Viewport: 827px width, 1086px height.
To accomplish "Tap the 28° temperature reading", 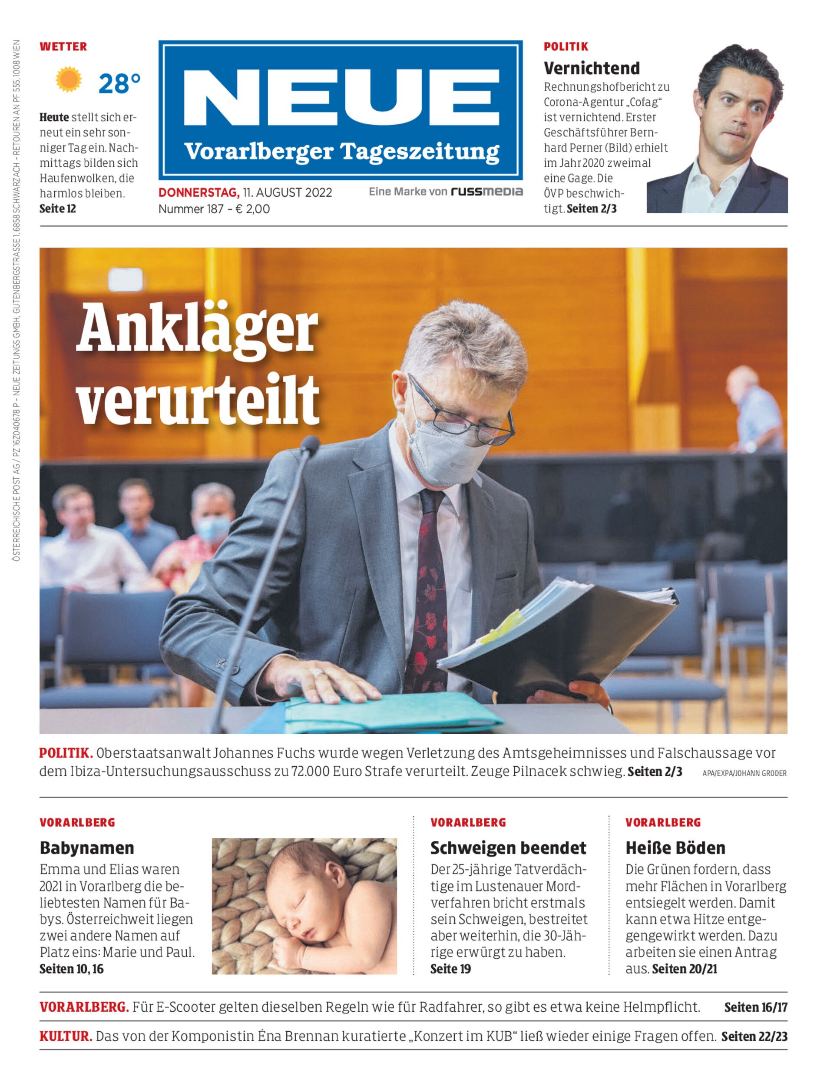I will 119,84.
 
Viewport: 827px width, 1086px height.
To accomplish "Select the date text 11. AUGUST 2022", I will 287,192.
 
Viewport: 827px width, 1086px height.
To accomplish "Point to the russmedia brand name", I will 486,192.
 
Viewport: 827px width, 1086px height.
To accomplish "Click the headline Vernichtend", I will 591,68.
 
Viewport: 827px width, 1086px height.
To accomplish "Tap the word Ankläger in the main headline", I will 197,328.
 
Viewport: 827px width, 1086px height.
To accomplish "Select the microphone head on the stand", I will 310,445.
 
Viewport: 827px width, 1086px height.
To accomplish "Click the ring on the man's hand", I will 319,672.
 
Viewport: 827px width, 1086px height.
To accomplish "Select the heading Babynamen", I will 86,848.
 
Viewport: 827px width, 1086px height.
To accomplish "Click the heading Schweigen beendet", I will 508,848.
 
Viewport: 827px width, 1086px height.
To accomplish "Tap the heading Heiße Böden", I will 675,848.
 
